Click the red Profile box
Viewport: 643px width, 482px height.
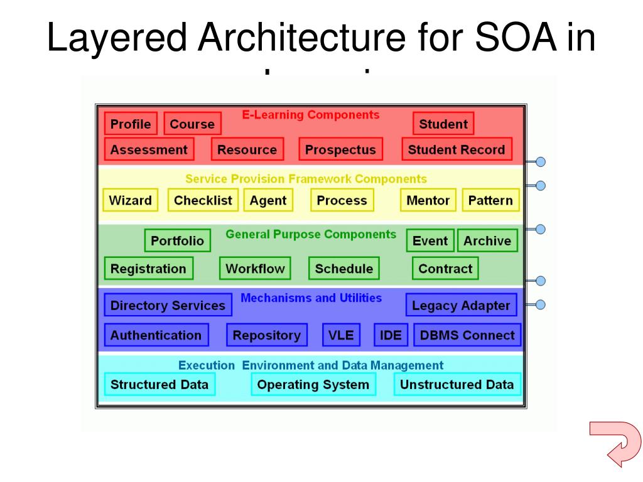pos(131,124)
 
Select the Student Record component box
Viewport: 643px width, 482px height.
pos(457,150)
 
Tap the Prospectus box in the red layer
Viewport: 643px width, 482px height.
pos(340,150)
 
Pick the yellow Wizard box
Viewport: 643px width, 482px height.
pos(130,201)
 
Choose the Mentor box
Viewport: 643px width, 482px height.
pos(428,201)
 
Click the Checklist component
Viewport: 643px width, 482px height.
pos(203,201)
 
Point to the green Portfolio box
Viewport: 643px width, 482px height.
pos(178,241)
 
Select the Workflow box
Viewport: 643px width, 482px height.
pos(255,269)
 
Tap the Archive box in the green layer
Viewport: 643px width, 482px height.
pos(487,241)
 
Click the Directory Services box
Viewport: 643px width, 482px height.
pos(168,306)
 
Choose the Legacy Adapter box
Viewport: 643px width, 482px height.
pos(461,306)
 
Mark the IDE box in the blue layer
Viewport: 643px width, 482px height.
pos(391,335)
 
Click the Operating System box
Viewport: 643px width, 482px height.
pos(313,385)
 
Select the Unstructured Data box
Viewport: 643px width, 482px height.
pos(457,385)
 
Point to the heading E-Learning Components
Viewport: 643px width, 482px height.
pos(311,115)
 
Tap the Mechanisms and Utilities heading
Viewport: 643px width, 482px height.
pos(311,298)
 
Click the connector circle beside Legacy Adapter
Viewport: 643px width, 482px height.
pos(540,305)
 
